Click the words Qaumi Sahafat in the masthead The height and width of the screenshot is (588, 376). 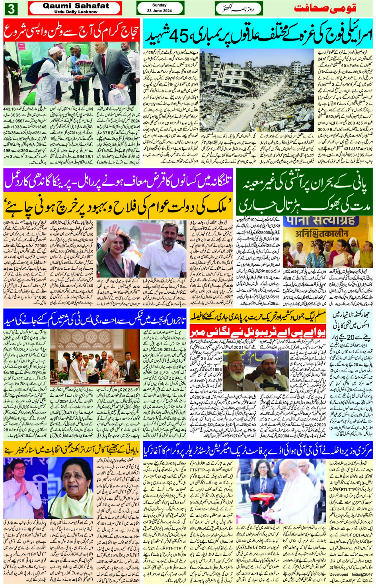pos(76,6)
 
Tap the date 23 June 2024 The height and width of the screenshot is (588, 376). pos(159,11)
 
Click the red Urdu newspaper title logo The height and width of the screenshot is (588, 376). pos(325,8)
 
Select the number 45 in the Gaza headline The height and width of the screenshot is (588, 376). pos(178,37)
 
